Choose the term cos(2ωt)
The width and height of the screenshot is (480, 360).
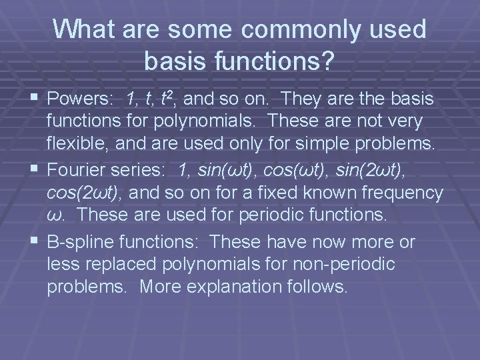click(85, 193)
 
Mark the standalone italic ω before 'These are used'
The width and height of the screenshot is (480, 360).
click(55, 215)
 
